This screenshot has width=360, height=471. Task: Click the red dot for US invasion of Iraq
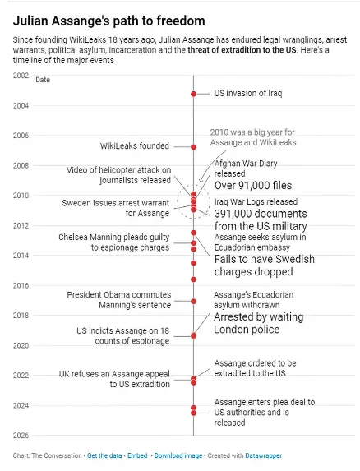point(194,94)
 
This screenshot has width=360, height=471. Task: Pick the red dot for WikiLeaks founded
point(194,146)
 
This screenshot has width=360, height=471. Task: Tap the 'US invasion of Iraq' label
point(247,94)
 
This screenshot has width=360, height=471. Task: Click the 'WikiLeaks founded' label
point(135,146)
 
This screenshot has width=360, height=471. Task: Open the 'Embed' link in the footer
point(137,455)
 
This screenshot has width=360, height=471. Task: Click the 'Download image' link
point(178,455)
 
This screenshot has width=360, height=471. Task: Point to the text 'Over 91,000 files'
point(253,186)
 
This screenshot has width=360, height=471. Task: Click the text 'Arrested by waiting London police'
point(258,323)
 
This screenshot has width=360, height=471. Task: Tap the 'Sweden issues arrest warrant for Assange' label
point(115,208)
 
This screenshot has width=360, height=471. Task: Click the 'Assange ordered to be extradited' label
point(255,368)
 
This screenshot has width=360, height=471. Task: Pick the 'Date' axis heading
point(43,80)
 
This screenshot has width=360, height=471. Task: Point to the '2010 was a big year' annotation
point(252,136)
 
